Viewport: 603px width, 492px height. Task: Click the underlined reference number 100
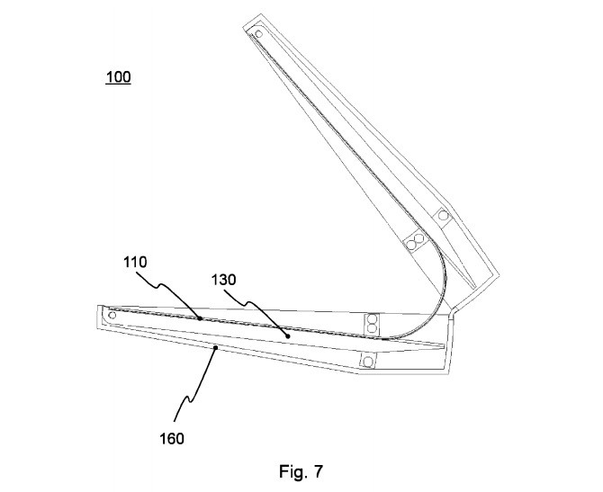coord(117,77)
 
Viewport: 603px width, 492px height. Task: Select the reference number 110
coord(135,262)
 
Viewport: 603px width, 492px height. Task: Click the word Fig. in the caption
coord(288,470)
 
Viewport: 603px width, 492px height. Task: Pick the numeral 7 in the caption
coord(317,470)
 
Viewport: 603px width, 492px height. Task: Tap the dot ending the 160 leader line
coord(214,345)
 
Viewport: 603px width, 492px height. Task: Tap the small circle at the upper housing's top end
coord(259,34)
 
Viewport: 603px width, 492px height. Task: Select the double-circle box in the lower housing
coord(370,321)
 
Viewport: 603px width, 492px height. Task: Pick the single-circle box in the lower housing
coord(368,361)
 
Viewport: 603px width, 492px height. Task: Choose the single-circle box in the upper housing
coord(443,215)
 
